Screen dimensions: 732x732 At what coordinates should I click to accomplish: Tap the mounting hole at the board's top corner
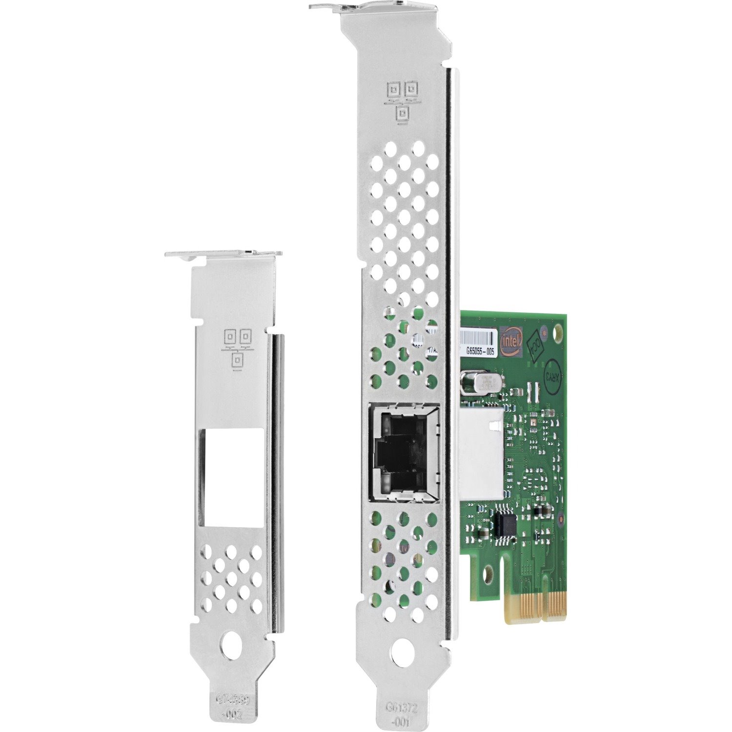(x=557, y=332)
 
